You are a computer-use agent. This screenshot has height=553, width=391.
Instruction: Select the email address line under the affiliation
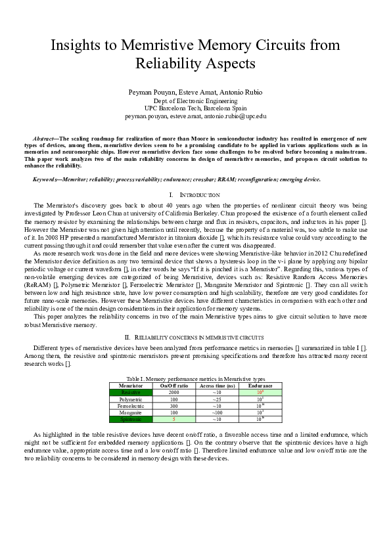pos(195,116)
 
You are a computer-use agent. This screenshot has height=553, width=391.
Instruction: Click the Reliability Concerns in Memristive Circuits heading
pos(195,337)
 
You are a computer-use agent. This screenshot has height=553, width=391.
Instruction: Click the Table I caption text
pos(195,379)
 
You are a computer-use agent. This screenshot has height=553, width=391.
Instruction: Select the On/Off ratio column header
pos(174,386)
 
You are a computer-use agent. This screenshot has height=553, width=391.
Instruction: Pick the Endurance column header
pos(260,386)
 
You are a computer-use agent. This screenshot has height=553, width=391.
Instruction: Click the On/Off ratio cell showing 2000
pos(174,392)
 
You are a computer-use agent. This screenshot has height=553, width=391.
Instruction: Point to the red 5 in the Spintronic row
pos(174,418)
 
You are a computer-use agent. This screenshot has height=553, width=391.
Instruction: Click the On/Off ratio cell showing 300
pos(174,405)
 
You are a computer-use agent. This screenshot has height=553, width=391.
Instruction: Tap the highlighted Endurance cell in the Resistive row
pos(260,392)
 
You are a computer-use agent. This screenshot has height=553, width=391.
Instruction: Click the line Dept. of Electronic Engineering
pos(195,101)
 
